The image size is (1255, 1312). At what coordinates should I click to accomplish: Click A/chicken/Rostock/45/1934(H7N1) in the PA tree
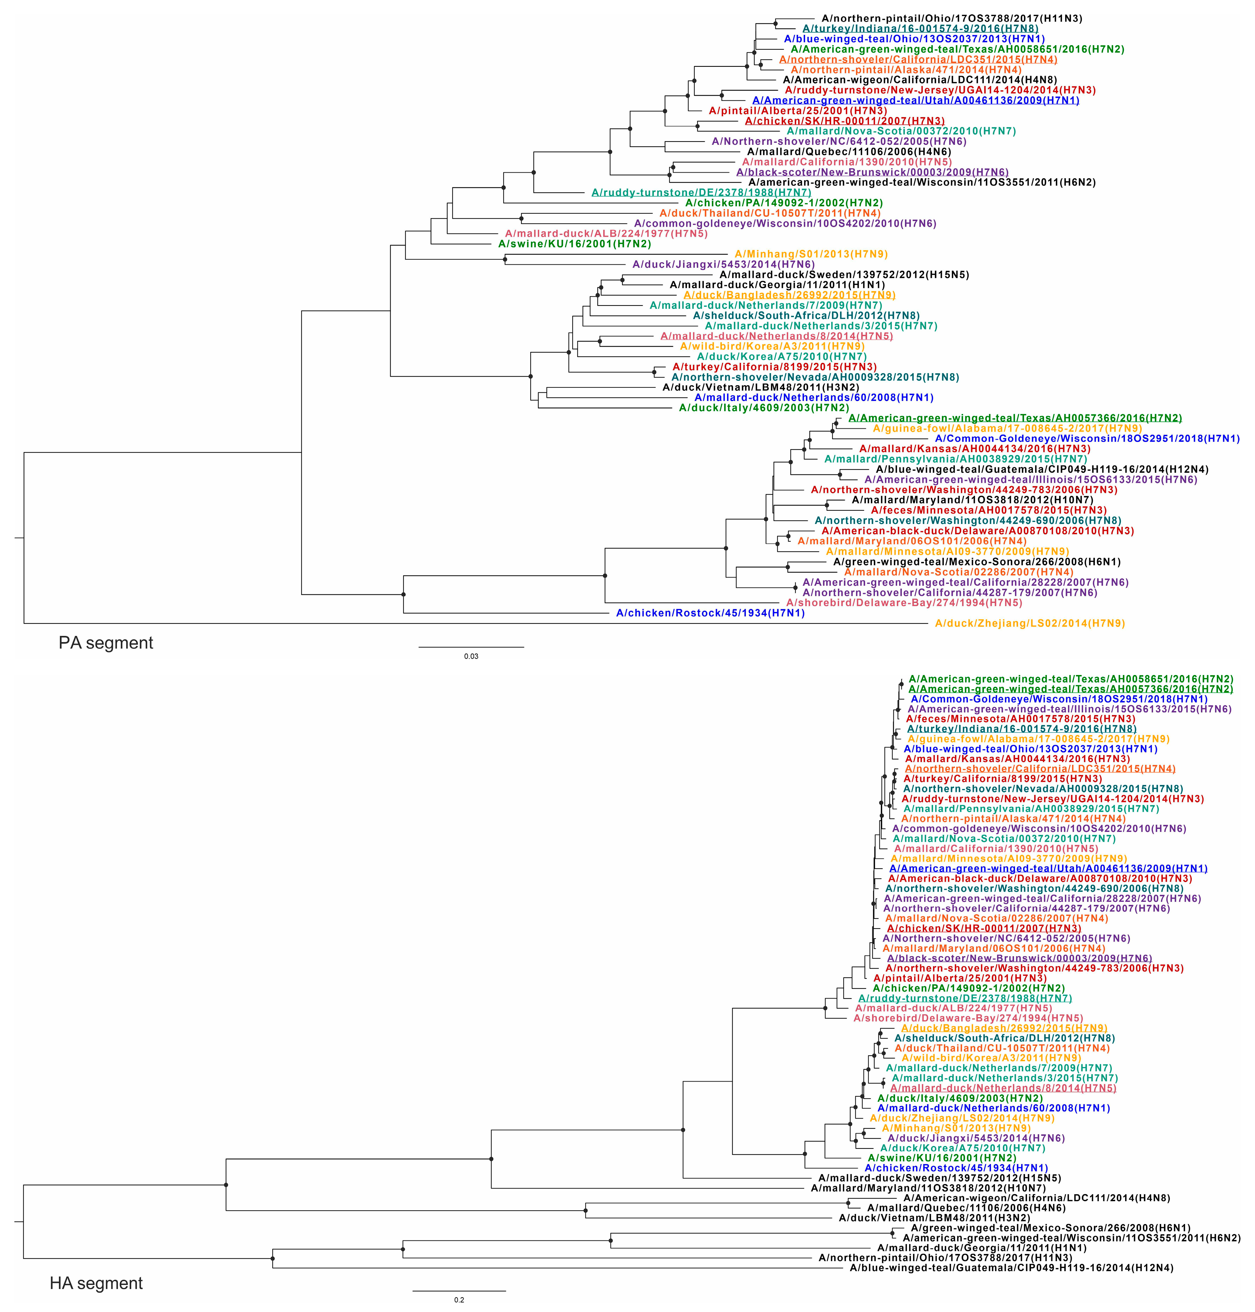tap(710, 613)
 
